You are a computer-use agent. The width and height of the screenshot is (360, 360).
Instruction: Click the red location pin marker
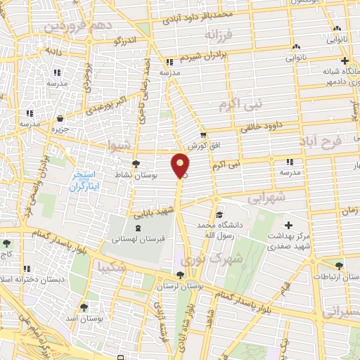coord(181,165)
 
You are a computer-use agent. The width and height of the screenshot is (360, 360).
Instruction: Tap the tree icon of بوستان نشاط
coord(136,163)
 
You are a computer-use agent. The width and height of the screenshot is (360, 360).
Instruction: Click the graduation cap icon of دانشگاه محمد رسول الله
coord(220,215)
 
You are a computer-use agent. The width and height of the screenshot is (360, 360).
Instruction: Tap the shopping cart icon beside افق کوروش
coord(203,135)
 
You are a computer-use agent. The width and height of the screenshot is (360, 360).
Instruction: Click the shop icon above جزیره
coord(63,118)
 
